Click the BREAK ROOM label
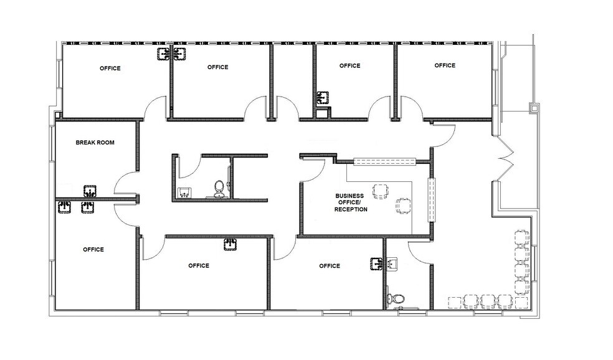[x=95, y=143]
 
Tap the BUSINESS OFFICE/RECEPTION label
[x=349, y=202]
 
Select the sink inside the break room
[x=91, y=190]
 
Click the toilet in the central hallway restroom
[x=219, y=189]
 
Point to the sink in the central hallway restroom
[x=185, y=192]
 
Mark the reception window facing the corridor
[x=384, y=162]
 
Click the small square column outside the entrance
[x=533, y=107]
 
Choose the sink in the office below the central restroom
[x=230, y=245]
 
